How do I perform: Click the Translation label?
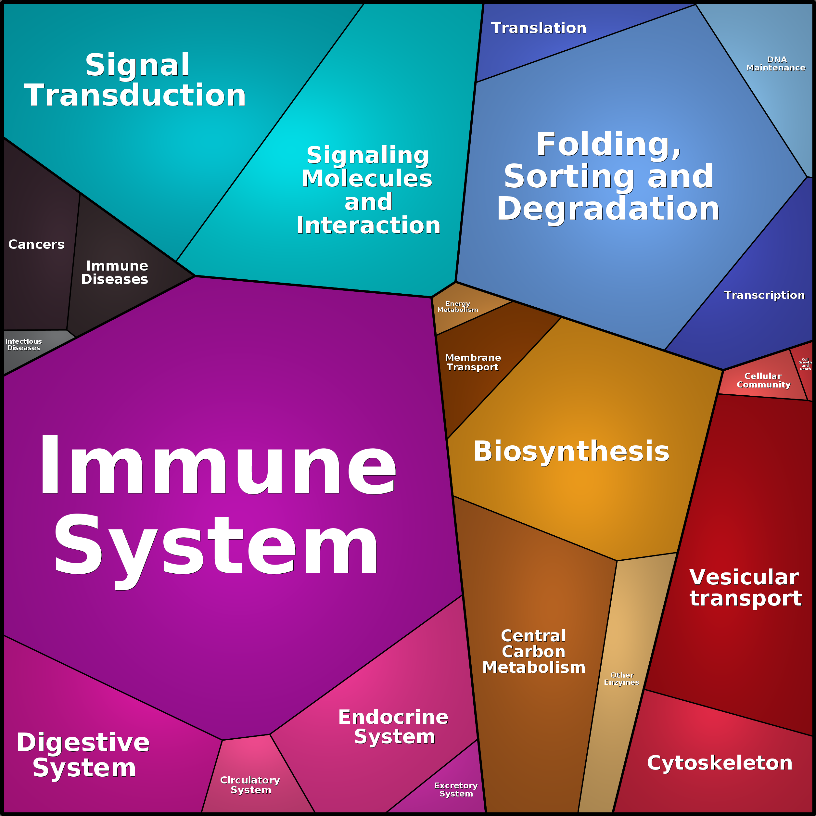tap(539, 28)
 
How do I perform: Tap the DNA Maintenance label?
tap(776, 64)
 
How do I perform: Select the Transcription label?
tap(764, 295)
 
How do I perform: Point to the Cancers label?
tap(36, 245)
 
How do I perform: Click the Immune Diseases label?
tap(115, 273)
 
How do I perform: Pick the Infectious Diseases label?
tap(24, 345)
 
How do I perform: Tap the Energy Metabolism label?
tap(458, 307)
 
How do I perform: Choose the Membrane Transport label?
tap(473, 363)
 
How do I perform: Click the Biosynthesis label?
tap(571, 452)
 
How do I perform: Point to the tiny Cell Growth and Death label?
tap(805, 364)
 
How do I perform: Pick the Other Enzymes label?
tap(622, 679)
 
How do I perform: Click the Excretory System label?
tap(456, 789)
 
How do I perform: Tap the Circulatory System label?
tap(250, 785)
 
